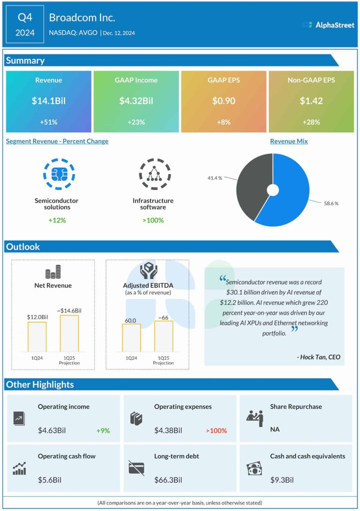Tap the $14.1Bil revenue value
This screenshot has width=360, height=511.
click(48, 101)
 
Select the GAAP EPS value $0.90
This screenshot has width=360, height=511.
click(224, 101)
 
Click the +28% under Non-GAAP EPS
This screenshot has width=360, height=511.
click(311, 122)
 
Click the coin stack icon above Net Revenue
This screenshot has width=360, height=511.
click(53, 272)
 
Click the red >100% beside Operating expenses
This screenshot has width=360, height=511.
click(216, 430)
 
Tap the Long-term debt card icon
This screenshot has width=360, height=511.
click(136, 468)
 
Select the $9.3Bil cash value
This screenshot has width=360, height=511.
click(282, 480)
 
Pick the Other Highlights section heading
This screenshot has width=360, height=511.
click(39, 384)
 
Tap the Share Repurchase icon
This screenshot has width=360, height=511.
click(255, 418)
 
